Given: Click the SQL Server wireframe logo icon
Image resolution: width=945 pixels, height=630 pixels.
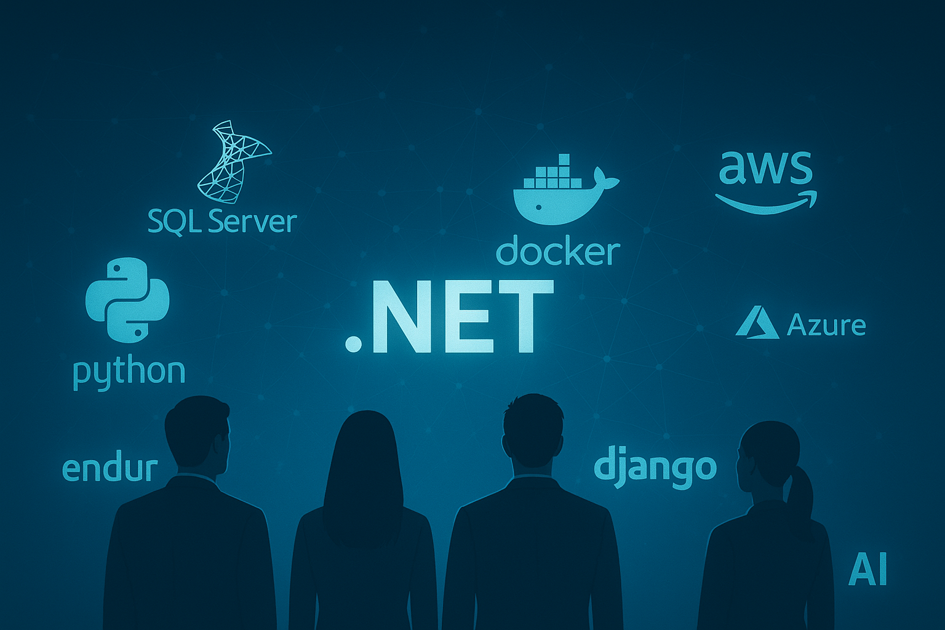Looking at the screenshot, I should click(233, 162).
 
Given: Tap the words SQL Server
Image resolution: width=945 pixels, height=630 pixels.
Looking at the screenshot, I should click(222, 221).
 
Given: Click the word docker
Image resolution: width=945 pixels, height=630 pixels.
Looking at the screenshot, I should click(557, 252).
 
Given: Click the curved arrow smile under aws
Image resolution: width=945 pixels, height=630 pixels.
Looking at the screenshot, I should click(766, 202).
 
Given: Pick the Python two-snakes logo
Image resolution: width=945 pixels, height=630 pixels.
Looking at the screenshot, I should click(127, 300).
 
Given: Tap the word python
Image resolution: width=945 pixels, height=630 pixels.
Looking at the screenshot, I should click(129, 372).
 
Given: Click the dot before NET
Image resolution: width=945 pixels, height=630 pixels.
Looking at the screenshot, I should click(353, 344).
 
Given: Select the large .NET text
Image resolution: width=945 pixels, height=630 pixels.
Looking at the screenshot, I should click(449, 317).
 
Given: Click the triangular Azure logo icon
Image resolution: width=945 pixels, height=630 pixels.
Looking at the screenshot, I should click(757, 322).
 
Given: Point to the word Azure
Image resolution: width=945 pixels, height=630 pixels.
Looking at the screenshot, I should click(826, 325).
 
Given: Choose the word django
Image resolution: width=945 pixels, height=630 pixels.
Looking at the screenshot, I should click(655, 468).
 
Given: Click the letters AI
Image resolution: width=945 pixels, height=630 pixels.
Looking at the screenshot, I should click(867, 570).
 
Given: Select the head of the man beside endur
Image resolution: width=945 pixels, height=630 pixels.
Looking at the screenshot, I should click(197, 434).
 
